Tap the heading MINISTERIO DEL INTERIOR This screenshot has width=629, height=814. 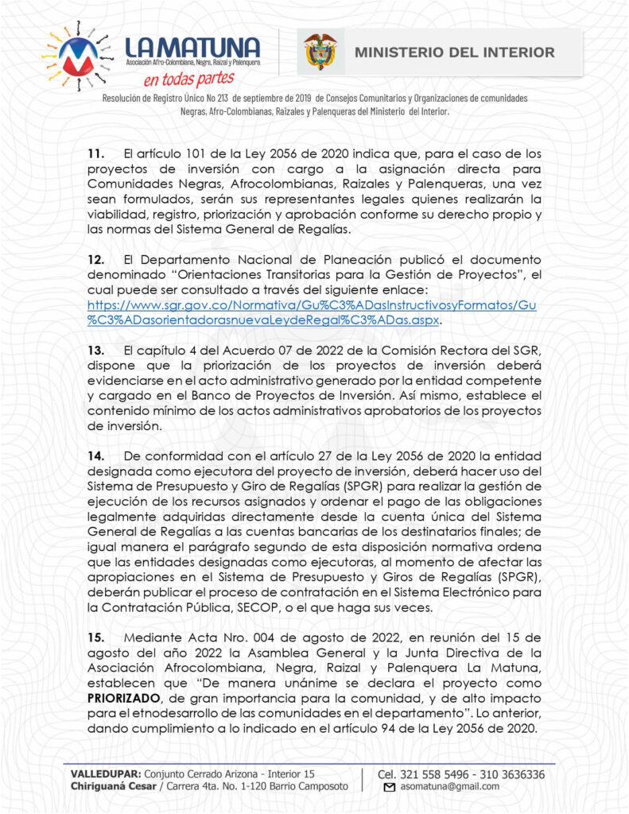tap(454, 52)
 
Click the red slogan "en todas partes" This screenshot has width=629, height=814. tap(189, 79)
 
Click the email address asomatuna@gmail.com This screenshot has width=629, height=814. tap(450, 786)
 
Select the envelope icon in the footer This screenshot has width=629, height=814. tap(390, 787)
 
